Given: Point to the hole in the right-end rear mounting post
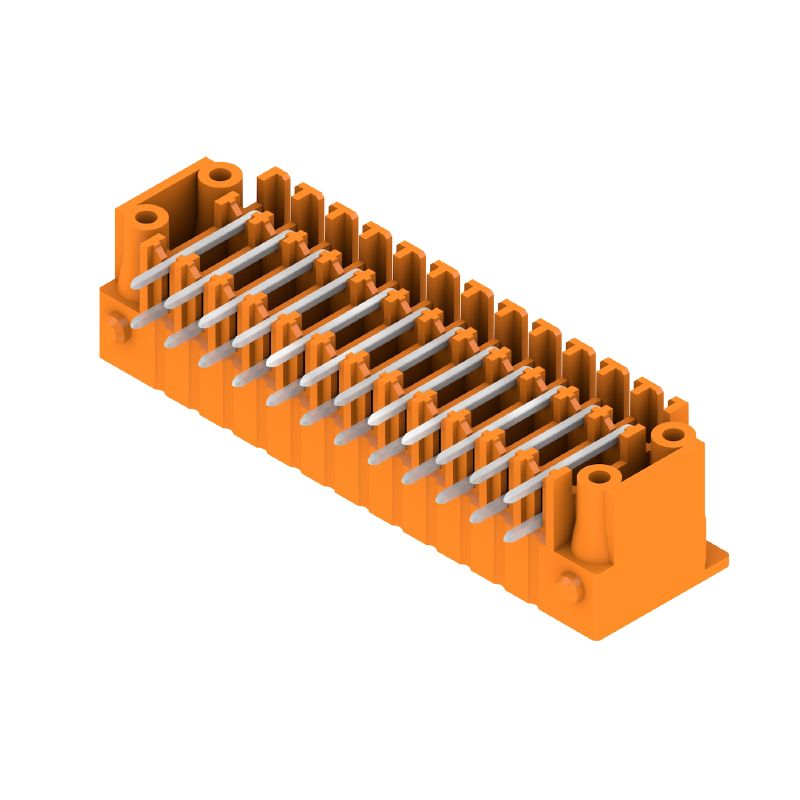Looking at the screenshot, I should click(x=669, y=434).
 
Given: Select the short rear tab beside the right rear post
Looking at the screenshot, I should click(x=677, y=408).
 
